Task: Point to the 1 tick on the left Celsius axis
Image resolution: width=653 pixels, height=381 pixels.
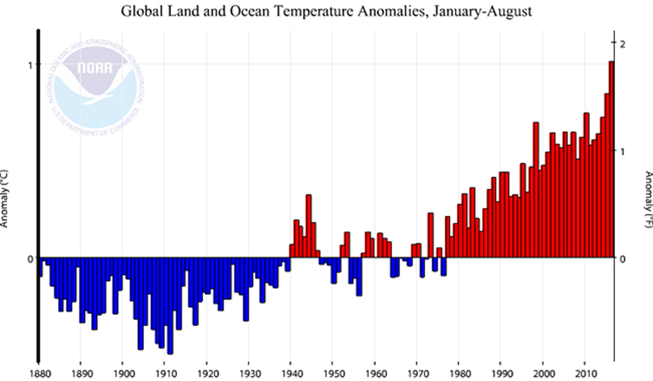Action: click(30, 65)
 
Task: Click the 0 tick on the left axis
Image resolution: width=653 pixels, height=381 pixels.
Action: click(30, 259)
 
